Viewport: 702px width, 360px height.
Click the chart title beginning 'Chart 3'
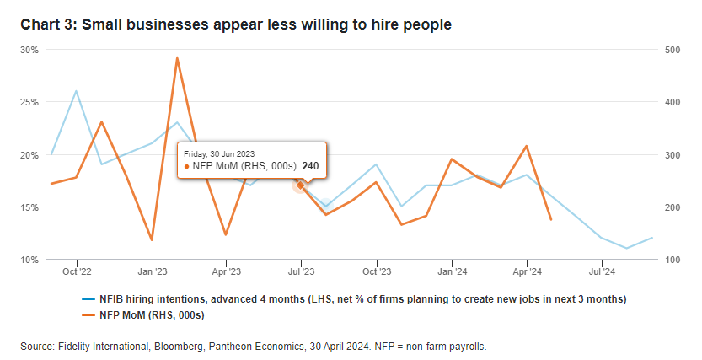pos(237,24)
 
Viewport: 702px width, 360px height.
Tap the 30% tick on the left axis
pos(30,50)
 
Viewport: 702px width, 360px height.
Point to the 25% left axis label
pos(30,102)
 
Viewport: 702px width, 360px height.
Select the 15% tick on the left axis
pos(30,207)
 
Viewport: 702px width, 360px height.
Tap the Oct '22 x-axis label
pos(77,271)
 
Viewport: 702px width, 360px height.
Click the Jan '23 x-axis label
pos(152,271)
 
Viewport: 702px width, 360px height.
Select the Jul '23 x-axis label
pos(302,271)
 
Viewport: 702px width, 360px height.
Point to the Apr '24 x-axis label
pos(527,271)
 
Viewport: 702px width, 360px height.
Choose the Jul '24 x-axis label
pos(602,271)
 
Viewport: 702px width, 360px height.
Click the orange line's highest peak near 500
pos(177,58)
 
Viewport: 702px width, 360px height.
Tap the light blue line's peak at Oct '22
pos(77,91)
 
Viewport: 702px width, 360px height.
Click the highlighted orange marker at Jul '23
pos(301,185)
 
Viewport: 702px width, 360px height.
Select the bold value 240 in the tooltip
pos(310,166)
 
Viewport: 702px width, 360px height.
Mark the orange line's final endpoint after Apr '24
pos(550,219)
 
